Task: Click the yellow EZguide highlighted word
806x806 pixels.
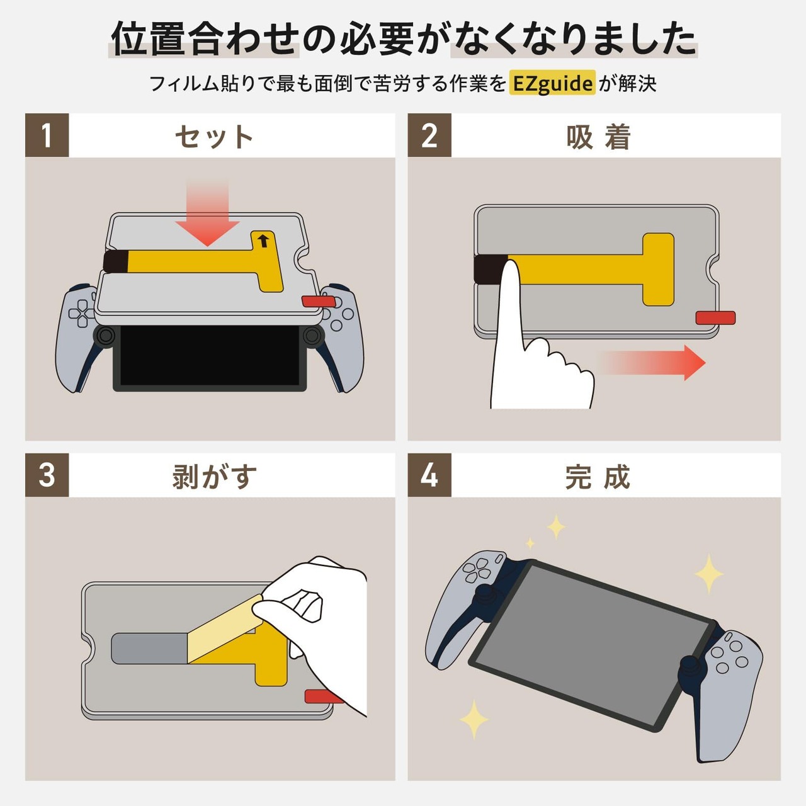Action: [552, 83]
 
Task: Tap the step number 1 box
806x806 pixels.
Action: [47, 135]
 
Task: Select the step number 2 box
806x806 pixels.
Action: [429, 135]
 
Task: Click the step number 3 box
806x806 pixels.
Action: [47, 475]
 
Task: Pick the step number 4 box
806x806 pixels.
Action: [429, 475]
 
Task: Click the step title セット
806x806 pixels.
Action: [214, 137]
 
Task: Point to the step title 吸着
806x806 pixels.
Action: [598, 137]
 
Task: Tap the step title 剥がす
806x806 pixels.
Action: [214, 476]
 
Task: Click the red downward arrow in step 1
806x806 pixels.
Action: [207, 217]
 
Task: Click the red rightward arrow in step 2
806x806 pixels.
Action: [655, 363]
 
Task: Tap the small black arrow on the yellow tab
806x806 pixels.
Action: [263, 241]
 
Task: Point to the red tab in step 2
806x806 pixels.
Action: [715, 318]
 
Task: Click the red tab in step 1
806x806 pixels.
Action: [318, 302]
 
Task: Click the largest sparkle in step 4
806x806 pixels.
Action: [709, 574]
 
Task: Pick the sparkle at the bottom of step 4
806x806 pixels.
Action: [474, 718]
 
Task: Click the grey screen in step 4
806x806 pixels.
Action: [592, 642]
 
